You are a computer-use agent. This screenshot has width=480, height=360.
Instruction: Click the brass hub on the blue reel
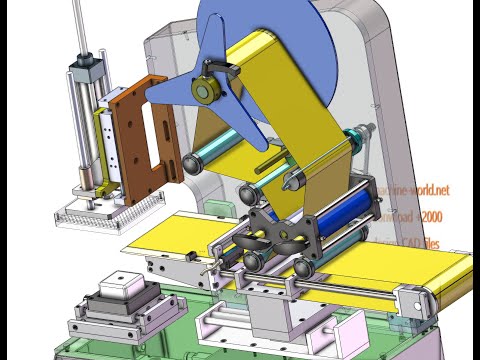point(207,90)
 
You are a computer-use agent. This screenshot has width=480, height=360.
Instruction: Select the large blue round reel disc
point(300,40)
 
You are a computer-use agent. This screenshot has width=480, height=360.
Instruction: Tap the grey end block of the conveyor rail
point(409,301)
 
